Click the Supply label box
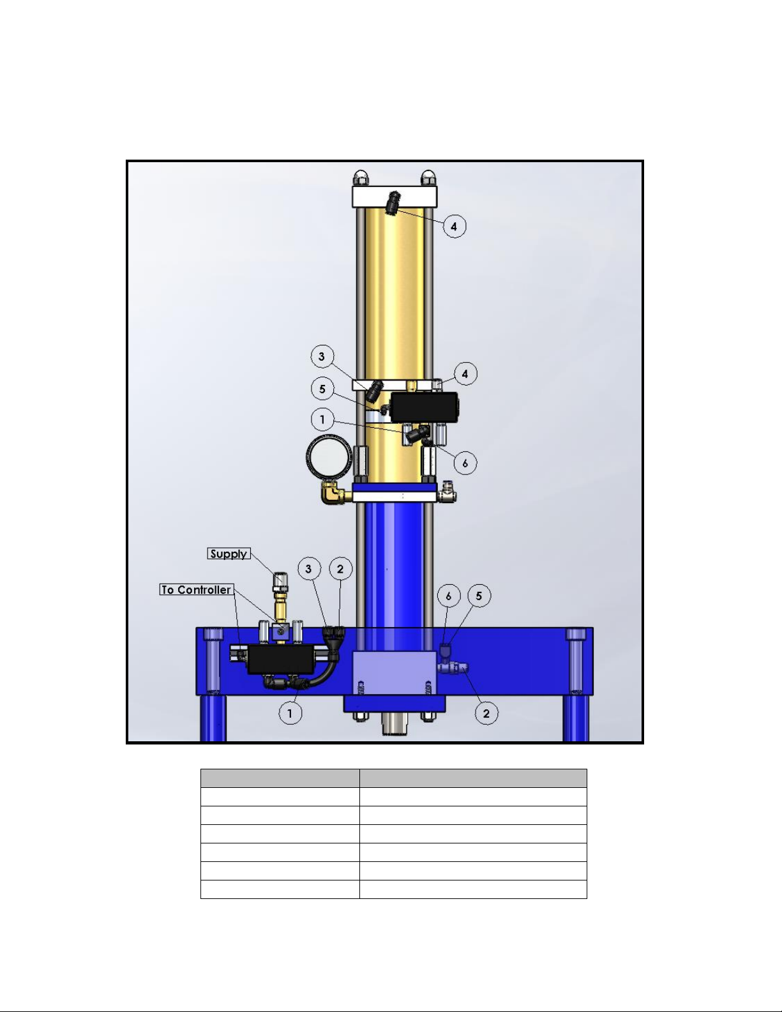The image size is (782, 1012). click(x=229, y=554)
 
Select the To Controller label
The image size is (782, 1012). click(x=196, y=589)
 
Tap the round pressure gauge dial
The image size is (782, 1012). click(x=329, y=457)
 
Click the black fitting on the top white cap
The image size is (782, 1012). click(x=393, y=202)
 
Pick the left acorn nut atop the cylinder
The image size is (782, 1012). click(x=360, y=178)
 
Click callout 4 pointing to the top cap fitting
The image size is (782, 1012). click(x=454, y=226)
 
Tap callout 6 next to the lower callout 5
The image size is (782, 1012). click(x=449, y=596)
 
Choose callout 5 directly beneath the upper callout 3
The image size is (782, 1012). click(x=322, y=389)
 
